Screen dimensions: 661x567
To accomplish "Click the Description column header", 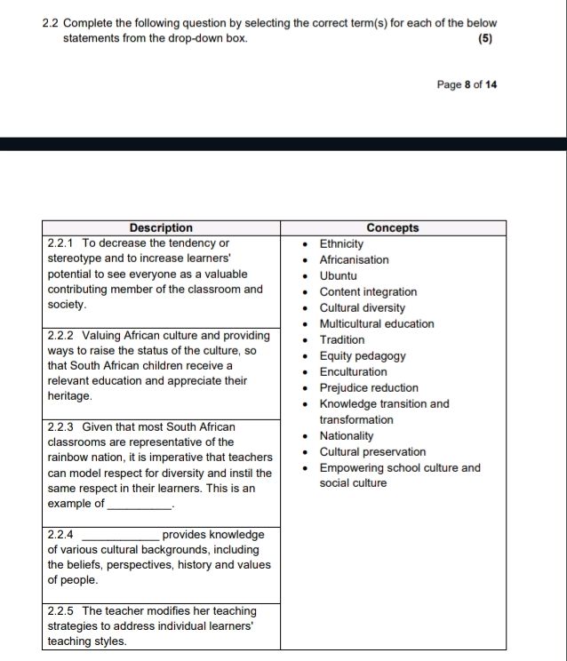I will [x=161, y=228].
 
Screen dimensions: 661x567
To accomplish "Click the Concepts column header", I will [x=392, y=228].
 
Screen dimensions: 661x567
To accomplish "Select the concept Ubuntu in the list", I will [x=338, y=276].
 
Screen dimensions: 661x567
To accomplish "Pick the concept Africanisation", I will [x=354, y=260].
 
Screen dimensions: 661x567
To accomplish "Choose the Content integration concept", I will [x=368, y=292].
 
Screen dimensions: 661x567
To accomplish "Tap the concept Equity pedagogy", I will [x=363, y=356].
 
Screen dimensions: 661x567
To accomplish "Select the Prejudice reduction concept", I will [x=369, y=388].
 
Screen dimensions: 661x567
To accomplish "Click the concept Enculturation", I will [x=353, y=372].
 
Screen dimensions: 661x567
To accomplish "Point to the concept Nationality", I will [x=347, y=436].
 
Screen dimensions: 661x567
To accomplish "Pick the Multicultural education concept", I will [x=377, y=324].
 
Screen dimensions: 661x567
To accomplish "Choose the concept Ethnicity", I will [x=341, y=244].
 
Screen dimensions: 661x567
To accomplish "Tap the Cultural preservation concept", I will [x=372, y=452].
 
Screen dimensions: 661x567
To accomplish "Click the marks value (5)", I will [x=484, y=39].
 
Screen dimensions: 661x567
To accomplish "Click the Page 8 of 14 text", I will [x=467, y=85].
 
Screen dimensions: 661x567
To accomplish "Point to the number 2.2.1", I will [x=61, y=243].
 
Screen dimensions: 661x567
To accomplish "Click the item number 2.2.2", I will [x=61, y=336].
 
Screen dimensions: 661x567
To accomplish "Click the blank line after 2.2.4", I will [x=120, y=536].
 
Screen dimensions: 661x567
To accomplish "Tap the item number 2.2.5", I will [x=61, y=611].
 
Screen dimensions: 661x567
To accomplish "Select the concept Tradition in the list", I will [x=342, y=340].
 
